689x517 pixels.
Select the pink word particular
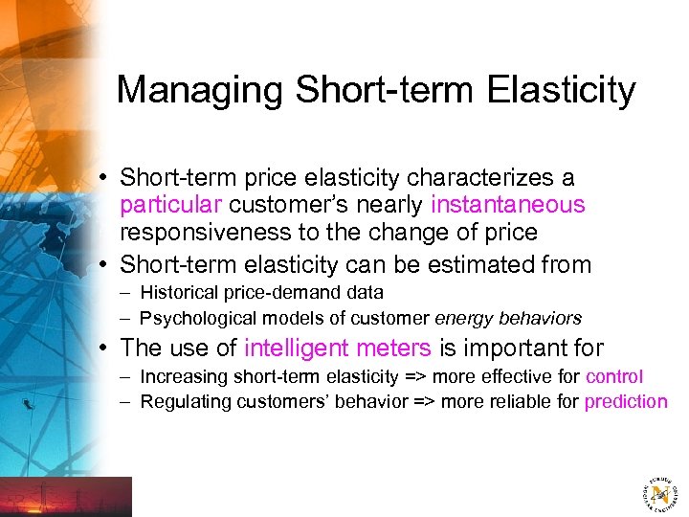tap(171, 205)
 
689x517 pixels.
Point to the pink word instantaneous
tap(508, 205)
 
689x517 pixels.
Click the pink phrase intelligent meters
tap(338, 348)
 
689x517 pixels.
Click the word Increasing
tap(180, 377)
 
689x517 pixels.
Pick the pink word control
tap(614, 377)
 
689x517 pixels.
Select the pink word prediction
tap(626, 402)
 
